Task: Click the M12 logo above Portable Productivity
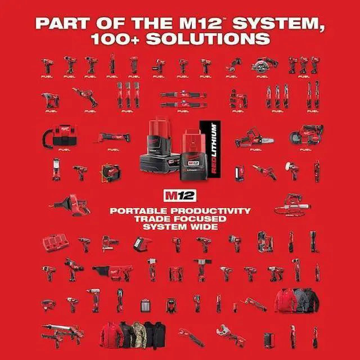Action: [x=176, y=197]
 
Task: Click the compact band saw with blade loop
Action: [x=307, y=134]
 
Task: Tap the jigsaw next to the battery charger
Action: [x=110, y=243]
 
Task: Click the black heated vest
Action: [x=156, y=334]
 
